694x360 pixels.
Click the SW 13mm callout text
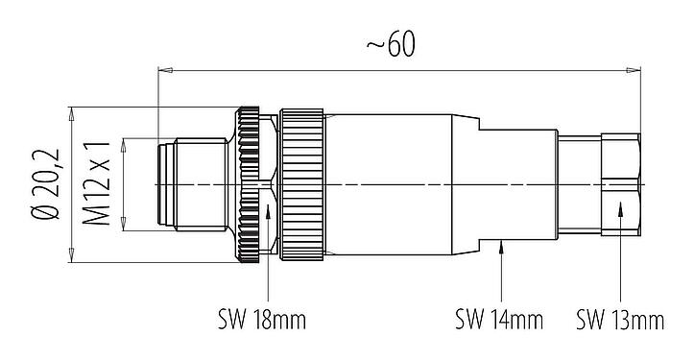pos(620,318)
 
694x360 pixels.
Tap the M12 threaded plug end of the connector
pos(192,184)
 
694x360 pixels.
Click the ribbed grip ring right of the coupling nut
pos(302,184)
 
